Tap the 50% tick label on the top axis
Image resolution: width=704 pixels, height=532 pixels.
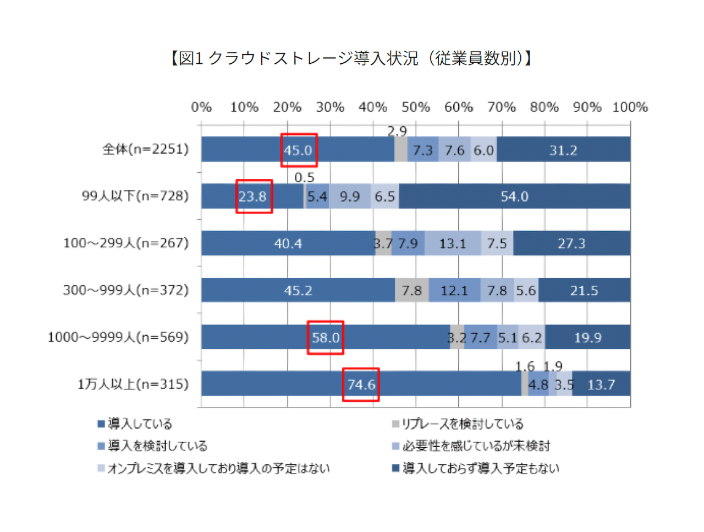[x=415, y=107]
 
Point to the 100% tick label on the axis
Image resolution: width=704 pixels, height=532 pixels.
[x=630, y=107]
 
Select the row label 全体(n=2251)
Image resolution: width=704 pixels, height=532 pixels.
[x=145, y=149]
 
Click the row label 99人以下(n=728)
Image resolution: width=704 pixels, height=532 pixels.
[x=135, y=196]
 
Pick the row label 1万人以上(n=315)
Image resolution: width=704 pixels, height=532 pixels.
[x=133, y=384]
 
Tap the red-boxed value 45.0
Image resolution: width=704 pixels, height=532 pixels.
[x=299, y=150]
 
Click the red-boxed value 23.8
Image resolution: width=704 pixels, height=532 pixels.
[x=253, y=196]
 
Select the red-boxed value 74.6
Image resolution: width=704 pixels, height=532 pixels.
[x=361, y=385]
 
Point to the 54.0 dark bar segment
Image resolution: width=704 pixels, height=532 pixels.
[x=514, y=196]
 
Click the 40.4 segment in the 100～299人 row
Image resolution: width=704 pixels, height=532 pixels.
[x=288, y=243]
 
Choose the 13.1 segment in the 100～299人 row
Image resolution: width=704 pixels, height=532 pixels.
[x=452, y=243]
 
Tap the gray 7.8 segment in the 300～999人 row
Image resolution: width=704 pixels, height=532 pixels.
[x=411, y=290]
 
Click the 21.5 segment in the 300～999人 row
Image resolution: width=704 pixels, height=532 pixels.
[x=584, y=290]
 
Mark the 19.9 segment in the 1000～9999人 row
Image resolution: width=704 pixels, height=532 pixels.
[x=587, y=337]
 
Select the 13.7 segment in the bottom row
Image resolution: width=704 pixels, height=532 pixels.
[x=601, y=385]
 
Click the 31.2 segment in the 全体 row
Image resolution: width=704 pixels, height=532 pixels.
[x=563, y=150]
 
